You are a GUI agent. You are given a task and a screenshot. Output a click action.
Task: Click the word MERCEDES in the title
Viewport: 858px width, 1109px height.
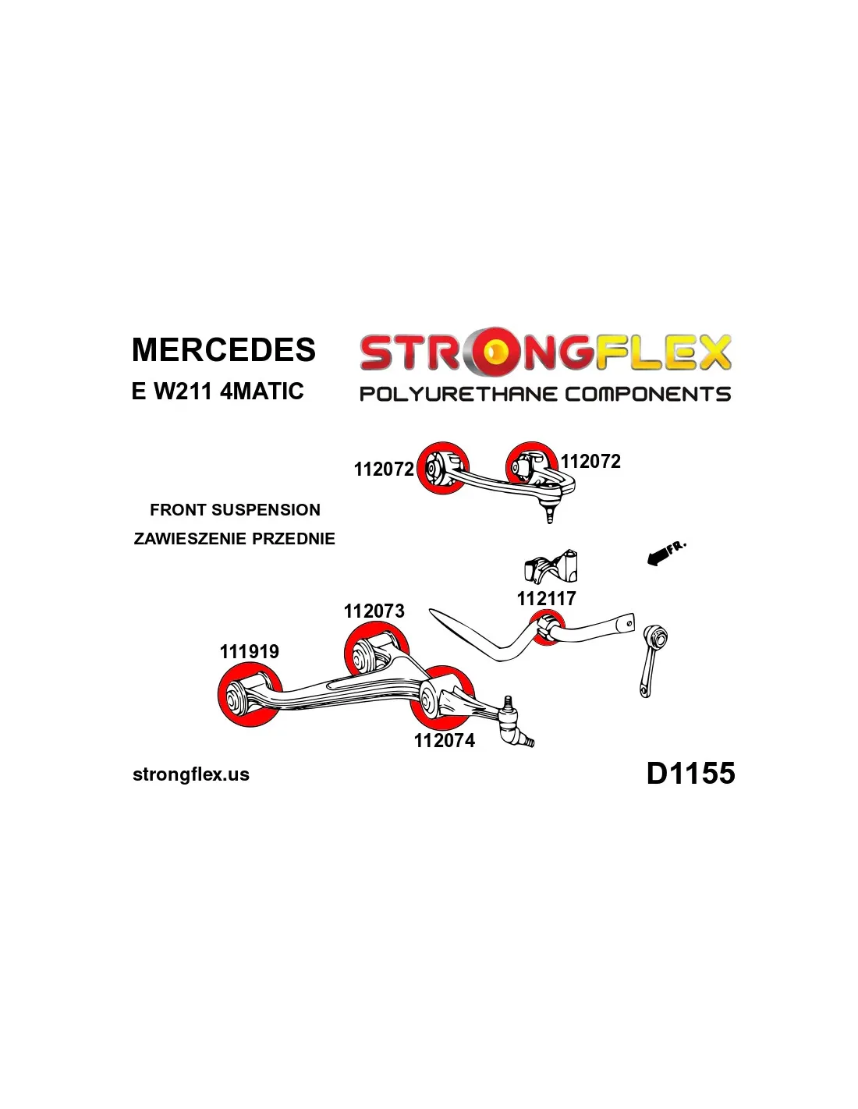[x=224, y=350]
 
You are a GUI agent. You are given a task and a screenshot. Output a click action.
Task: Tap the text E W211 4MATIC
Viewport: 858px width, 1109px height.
[x=218, y=391]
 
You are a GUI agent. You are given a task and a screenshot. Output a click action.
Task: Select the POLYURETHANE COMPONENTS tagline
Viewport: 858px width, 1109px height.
[x=544, y=395]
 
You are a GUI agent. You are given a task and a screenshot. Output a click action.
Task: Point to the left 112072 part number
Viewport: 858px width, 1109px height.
[x=384, y=469]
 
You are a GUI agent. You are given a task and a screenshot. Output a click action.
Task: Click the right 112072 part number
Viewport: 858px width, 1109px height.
[x=590, y=462]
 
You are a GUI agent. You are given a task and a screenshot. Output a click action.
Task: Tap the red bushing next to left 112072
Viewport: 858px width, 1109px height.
[x=441, y=468]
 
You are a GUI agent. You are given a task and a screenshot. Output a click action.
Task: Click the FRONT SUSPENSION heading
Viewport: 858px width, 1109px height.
[x=235, y=510]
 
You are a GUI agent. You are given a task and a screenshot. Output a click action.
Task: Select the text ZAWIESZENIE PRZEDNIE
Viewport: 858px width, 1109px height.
[x=234, y=539]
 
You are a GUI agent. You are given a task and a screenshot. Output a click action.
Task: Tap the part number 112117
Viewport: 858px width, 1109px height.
[x=546, y=599]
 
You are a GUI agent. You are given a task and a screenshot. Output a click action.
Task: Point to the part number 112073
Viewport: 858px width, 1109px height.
[x=374, y=611]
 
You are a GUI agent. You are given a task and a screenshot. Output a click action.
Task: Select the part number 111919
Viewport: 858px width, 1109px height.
[x=250, y=652]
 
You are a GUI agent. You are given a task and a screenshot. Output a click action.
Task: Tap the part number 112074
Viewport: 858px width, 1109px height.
[x=445, y=741]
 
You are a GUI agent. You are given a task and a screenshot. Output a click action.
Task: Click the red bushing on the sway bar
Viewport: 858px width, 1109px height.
[x=548, y=629]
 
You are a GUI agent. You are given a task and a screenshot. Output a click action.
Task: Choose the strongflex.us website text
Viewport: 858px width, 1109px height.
[x=191, y=774]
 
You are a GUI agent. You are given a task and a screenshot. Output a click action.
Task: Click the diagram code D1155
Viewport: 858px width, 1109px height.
[x=690, y=774]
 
